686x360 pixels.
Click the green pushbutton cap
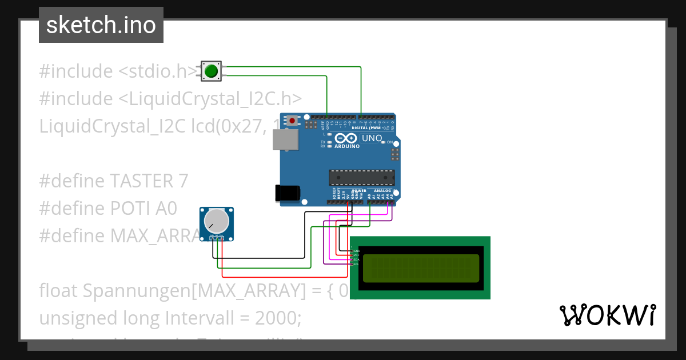click(x=211, y=71)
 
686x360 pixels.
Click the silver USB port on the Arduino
click(x=284, y=139)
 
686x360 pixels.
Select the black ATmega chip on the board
click(x=361, y=178)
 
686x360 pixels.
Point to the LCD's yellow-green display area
click(x=420, y=268)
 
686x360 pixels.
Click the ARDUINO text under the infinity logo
click(x=347, y=146)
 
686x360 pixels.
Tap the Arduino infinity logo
click(x=347, y=138)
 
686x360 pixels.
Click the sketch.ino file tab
click(x=101, y=25)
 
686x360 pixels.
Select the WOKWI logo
click(x=607, y=315)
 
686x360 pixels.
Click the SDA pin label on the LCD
click(x=356, y=259)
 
